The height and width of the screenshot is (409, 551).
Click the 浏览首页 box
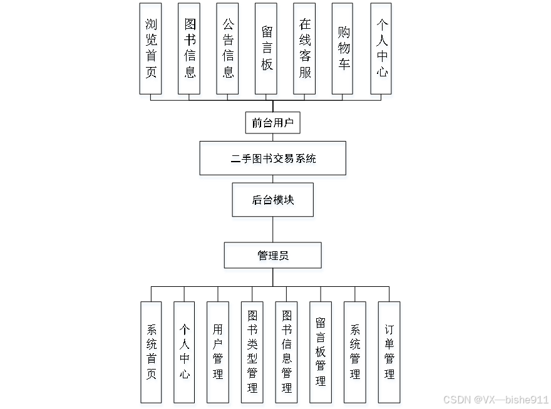click(150, 48)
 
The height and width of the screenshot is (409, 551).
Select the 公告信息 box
click(227, 48)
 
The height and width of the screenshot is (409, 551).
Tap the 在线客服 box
click(304, 48)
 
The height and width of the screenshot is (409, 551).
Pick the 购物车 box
click(343, 48)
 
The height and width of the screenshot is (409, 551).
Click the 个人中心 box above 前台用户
click(381, 48)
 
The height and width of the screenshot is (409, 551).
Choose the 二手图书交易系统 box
click(272, 158)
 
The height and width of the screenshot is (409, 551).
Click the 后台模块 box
click(272, 200)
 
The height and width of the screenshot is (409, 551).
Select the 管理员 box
click(272, 256)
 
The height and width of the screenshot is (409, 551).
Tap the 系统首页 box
click(151, 352)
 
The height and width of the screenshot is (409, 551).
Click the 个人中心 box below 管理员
click(185, 352)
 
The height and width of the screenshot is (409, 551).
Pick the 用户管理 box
click(218, 352)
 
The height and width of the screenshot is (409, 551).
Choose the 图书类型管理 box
click(252, 352)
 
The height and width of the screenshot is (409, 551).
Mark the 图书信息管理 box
click(287, 352)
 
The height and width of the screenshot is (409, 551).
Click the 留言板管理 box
click(321, 352)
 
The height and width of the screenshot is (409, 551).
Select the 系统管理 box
click(355, 352)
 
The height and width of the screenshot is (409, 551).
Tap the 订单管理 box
click(389, 352)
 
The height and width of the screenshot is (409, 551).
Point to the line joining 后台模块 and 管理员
click(272, 230)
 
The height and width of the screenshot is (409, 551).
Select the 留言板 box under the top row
click(266, 48)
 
